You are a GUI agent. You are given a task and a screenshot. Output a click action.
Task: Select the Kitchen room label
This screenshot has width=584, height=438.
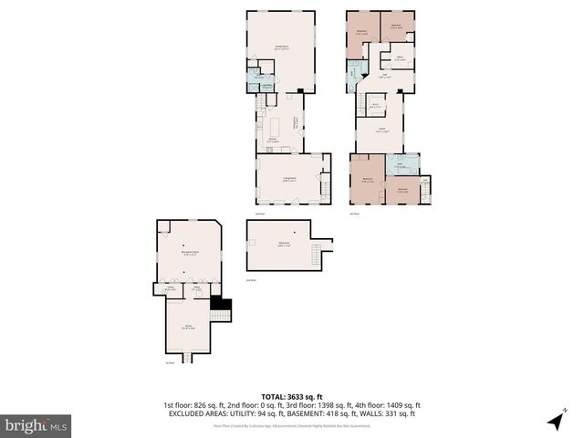[272, 140]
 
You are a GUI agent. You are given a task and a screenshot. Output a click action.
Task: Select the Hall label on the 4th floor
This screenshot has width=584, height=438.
[386, 77]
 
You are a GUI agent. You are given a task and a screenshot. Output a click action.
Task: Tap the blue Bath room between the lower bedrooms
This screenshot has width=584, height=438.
[401, 166]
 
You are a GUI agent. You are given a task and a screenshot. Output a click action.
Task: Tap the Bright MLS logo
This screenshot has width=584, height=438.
[36, 425]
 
